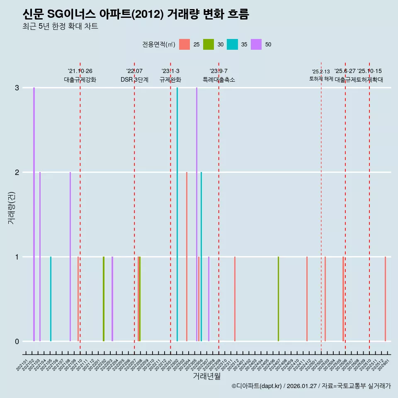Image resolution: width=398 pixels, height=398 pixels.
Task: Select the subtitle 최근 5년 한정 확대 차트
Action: (x=60, y=27)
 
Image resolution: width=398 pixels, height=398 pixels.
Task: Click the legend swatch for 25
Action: (x=184, y=44)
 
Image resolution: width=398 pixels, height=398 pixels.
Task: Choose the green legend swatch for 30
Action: (x=208, y=44)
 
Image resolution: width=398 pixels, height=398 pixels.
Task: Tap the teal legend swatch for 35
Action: (x=232, y=44)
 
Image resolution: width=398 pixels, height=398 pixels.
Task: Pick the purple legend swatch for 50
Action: (x=256, y=44)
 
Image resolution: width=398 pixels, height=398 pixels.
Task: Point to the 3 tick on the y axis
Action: (x=17, y=88)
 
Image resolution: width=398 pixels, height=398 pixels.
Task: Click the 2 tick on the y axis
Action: (x=17, y=172)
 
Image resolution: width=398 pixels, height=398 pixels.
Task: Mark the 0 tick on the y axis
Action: (x=17, y=342)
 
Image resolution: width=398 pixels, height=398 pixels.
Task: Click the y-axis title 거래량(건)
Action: (x=11, y=207)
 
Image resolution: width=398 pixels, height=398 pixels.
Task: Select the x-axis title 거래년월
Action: (x=206, y=376)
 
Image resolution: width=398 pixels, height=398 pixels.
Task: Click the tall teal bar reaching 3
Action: (x=177, y=214)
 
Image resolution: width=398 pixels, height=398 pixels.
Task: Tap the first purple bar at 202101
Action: (x=34, y=214)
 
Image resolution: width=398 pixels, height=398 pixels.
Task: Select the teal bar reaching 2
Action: (x=201, y=257)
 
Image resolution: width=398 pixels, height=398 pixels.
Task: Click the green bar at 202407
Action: (x=278, y=299)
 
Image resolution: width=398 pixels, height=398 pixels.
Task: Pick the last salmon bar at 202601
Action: (x=385, y=299)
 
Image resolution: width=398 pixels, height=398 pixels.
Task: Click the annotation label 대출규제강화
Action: (x=80, y=80)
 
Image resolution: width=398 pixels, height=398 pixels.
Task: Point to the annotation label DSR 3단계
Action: (x=134, y=80)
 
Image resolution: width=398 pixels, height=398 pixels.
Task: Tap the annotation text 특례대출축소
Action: (x=218, y=80)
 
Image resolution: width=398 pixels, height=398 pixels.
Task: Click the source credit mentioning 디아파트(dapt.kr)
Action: (x=311, y=386)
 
